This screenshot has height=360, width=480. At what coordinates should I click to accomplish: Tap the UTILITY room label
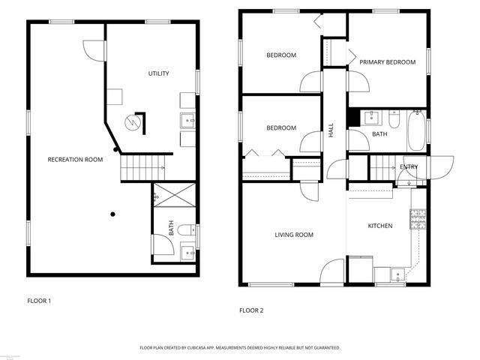pyautogui.click(x=158, y=73)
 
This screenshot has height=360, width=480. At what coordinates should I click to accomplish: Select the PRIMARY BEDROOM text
pyautogui.click(x=386, y=62)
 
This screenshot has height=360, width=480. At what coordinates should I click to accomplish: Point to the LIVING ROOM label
pyautogui.click(x=293, y=235)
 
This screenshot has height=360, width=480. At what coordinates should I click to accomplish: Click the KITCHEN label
pyautogui.click(x=379, y=226)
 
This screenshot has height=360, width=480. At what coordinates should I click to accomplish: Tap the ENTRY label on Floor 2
pyautogui.click(x=409, y=166)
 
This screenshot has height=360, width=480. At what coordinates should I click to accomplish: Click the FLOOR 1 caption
pyautogui.click(x=39, y=301)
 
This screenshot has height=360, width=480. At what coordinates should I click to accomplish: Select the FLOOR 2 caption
pyautogui.click(x=251, y=310)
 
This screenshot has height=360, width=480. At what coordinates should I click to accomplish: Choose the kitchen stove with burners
pyautogui.click(x=418, y=218)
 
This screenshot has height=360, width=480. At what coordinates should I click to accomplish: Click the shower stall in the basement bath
pyautogui.click(x=175, y=197)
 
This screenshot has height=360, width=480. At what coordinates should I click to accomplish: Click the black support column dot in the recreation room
pyautogui.click(x=112, y=214)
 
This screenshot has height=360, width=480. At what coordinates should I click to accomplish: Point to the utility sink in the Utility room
pyautogui.click(x=187, y=118)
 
